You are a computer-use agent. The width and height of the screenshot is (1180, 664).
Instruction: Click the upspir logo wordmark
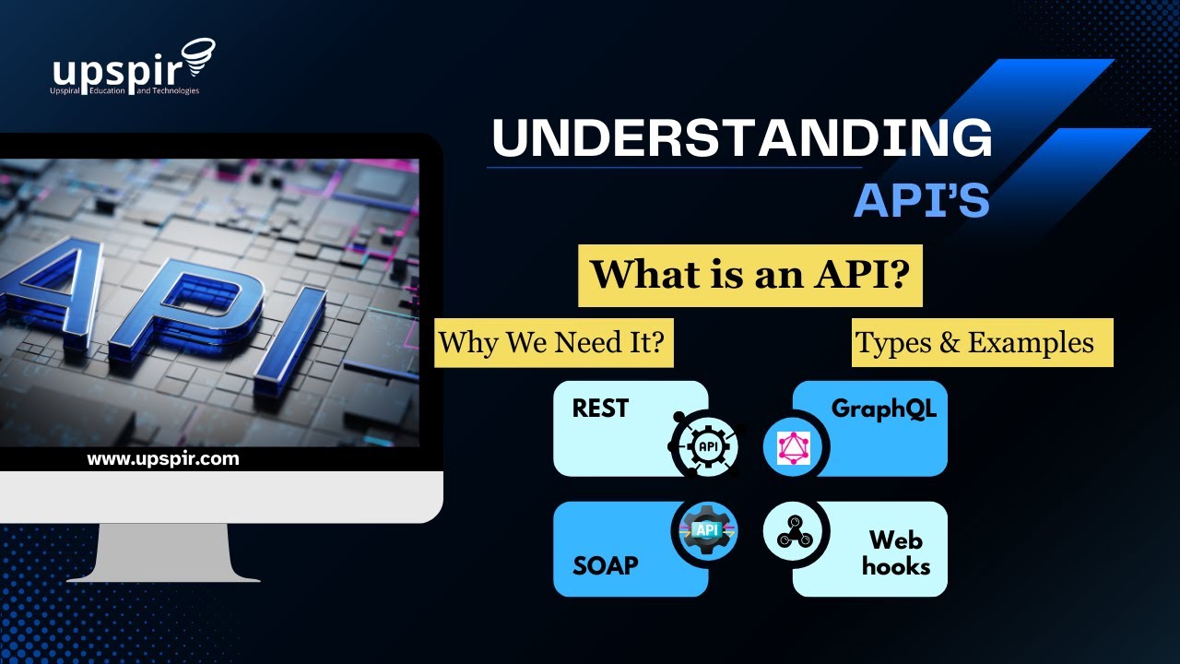point(117,71)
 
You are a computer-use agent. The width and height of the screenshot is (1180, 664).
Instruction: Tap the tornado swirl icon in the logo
point(198,57)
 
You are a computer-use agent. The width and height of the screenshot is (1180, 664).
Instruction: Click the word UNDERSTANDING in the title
point(742,137)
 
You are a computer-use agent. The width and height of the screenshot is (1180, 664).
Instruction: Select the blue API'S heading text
point(921,200)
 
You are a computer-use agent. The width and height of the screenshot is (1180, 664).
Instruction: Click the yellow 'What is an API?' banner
point(750,275)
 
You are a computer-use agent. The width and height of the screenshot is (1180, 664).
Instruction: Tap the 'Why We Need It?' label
point(553,342)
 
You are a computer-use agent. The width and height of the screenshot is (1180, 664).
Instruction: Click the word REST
point(600,409)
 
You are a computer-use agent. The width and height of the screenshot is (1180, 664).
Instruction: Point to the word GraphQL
point(884,409)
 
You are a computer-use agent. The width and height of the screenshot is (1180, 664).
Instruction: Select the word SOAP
point(606,566)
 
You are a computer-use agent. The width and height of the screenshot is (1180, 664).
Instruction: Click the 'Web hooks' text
point(896,553)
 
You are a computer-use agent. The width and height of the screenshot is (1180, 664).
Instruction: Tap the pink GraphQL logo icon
point(794,448)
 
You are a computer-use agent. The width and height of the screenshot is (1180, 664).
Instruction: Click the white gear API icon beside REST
point(707,446)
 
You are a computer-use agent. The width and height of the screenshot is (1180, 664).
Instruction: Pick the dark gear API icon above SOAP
point(706,530)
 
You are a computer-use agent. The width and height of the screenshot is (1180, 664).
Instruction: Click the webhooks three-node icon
point(795,533)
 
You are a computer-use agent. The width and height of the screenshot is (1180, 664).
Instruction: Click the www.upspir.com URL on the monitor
point(163,459)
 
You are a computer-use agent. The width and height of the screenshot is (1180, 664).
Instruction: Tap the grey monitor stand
point(163,552)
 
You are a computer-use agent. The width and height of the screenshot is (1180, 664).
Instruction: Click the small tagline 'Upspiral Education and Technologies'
point(124,90)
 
